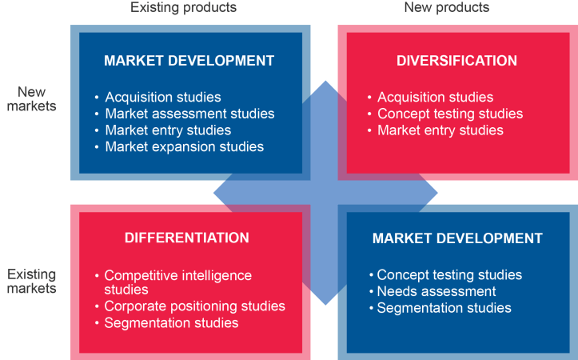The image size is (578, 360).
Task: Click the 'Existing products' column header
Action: click(183, 8)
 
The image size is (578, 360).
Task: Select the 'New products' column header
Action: click(446, 8)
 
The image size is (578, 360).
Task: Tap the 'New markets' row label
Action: click(32, 99)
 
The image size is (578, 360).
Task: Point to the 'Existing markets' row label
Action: click(32, 281)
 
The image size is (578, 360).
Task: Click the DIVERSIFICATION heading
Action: click(456, 61)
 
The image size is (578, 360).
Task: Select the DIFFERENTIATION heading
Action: click(187, 238)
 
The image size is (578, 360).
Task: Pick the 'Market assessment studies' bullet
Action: click(189, 114)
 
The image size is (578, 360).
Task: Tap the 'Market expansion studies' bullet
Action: click(185, 147)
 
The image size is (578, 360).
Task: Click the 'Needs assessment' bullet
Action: click(436, 291)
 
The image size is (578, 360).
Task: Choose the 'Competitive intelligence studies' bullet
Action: click(177, 282)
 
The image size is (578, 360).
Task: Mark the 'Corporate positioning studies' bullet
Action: click(194, 306)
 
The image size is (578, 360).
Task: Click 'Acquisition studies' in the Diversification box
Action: click(436, 97)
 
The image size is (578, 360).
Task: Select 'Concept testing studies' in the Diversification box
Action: click(450, 114)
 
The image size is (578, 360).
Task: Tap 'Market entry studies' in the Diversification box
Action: click(440, 130)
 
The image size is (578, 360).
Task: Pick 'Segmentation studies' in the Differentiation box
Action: click(171, 323)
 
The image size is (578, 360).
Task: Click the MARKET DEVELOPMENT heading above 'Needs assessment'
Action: click(457, 238)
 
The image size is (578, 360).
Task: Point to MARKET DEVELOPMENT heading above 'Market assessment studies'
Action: click(189, 61)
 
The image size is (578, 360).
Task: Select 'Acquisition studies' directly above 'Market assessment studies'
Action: click(163, 97)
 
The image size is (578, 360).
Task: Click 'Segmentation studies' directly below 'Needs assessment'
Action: click(444, 308)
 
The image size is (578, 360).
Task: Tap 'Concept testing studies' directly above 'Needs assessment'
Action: click(449, 274)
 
